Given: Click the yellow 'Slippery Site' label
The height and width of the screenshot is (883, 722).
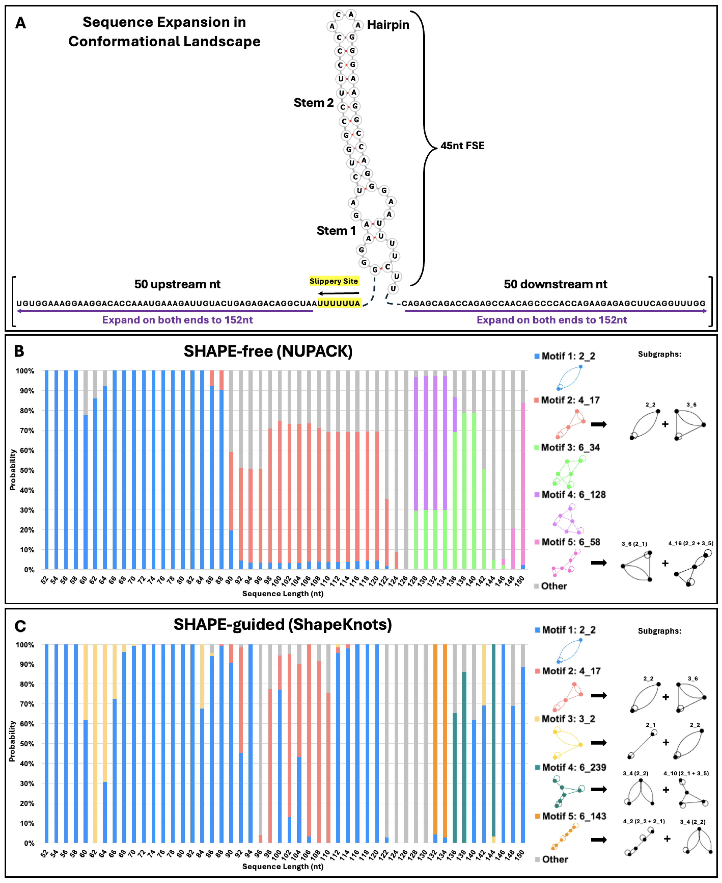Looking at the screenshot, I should [x=333, y=281].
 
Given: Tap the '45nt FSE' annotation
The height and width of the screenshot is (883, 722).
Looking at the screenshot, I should [x=462, y=146].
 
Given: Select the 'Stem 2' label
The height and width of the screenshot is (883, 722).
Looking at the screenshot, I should [x=314, y=103].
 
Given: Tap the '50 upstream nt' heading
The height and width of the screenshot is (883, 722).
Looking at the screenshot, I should [x=177, y=284].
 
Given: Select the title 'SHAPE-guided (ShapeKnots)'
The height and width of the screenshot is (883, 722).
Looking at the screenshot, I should [x=283, y=624].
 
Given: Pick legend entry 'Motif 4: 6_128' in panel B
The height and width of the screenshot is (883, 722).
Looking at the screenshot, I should [x=573, y=494].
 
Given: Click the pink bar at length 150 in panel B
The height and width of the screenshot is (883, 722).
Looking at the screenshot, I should [x=523, y=483].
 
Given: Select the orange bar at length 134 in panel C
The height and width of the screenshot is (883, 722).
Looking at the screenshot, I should [x=445, y=741].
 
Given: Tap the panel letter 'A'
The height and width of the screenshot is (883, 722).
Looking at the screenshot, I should [x=20, y=23].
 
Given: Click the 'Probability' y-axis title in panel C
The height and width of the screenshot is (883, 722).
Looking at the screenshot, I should [x=12, y=741].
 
